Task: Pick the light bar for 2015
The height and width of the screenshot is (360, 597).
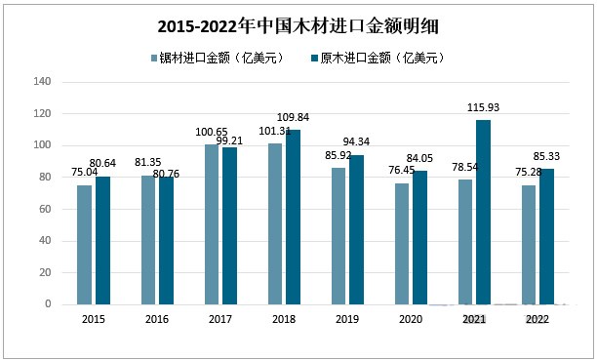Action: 85,244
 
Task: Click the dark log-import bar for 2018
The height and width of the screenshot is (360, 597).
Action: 293,217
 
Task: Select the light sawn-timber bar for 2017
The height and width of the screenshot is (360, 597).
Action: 212,224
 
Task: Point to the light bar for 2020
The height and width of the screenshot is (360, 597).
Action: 401,243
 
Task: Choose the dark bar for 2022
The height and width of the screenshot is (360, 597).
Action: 546,236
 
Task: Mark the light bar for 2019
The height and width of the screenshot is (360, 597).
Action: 338,235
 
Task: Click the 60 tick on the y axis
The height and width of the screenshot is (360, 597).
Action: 44,209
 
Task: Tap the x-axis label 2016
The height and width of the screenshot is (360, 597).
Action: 156,319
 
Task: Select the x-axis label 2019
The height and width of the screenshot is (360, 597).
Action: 346,319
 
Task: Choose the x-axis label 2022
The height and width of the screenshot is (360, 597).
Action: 537,319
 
